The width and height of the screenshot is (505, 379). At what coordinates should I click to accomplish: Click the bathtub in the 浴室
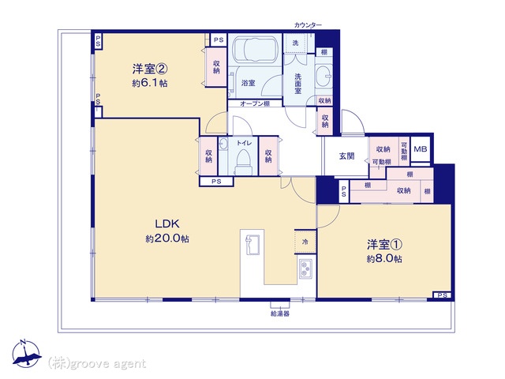point(254,49)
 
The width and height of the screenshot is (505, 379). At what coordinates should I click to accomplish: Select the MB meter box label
point(421,149)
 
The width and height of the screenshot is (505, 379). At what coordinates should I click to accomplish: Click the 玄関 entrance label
point(346,156)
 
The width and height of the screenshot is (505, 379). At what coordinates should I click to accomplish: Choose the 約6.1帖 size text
point(150,83)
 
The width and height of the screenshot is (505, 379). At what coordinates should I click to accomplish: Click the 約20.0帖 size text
point(167,238)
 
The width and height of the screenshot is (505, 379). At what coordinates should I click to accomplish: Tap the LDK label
point(167,223)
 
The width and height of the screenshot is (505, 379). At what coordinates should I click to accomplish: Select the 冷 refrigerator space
point(305,242)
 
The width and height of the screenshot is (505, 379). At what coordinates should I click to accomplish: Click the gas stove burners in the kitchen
point(305,269)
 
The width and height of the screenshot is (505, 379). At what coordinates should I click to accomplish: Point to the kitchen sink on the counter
point(252,245)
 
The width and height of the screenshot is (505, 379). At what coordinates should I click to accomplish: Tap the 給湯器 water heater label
point(279,313)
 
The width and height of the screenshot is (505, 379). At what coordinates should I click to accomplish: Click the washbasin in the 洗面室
point(324,76)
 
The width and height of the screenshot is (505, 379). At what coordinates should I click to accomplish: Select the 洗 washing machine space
point(295,43)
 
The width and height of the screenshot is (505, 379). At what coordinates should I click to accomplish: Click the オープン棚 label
point(255,103)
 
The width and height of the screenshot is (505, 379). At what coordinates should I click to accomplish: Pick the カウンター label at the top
point(308,24)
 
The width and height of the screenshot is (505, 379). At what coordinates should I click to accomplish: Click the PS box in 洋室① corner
point(442,295)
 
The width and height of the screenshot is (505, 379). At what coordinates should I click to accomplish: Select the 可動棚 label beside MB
point(404,151)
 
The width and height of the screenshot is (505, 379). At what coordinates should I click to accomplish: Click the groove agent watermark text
point(97,363)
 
